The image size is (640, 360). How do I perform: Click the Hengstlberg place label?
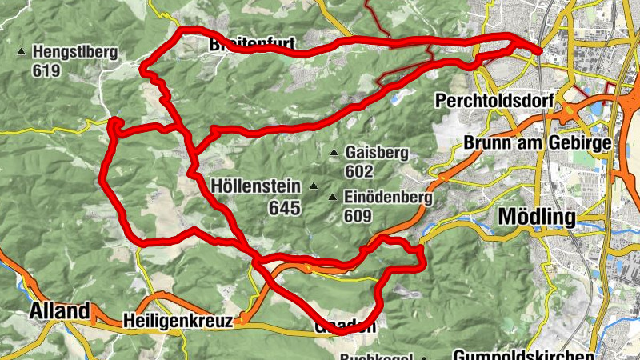75,54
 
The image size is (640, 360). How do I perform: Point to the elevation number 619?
47,70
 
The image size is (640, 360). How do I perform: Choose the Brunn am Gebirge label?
538,144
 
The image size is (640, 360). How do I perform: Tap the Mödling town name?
536,217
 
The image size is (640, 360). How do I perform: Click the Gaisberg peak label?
377,153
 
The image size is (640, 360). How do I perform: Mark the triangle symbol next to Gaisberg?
334,153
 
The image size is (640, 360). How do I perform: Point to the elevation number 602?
360,170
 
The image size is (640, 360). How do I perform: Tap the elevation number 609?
359,215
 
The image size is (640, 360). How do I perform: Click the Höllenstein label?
257,187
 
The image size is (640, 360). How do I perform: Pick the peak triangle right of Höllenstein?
314,187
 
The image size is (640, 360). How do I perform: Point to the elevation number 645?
285,208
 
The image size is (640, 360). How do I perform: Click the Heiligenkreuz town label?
178,321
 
